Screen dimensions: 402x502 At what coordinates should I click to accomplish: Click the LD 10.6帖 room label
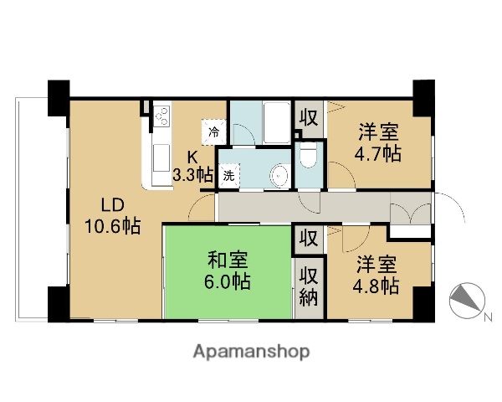click(x=110, y=215)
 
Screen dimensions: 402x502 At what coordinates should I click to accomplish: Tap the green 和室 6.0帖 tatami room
click(x=227, y=270)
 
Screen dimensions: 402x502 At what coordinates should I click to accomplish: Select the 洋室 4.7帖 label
click(x=380, y=143)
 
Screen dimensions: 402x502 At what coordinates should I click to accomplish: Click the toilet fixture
click(x=307, y=157)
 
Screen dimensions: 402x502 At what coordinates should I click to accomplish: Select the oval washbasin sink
click(x=279, y=175)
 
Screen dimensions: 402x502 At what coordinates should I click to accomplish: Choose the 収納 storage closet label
click(x=309, y=286)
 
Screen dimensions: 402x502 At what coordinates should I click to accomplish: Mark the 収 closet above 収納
click(x=308, y=239)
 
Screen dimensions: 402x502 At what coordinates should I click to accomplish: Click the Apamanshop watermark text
click(x=252, y=351)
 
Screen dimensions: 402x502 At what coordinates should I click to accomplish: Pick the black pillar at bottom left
click(x=59, y=303)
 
